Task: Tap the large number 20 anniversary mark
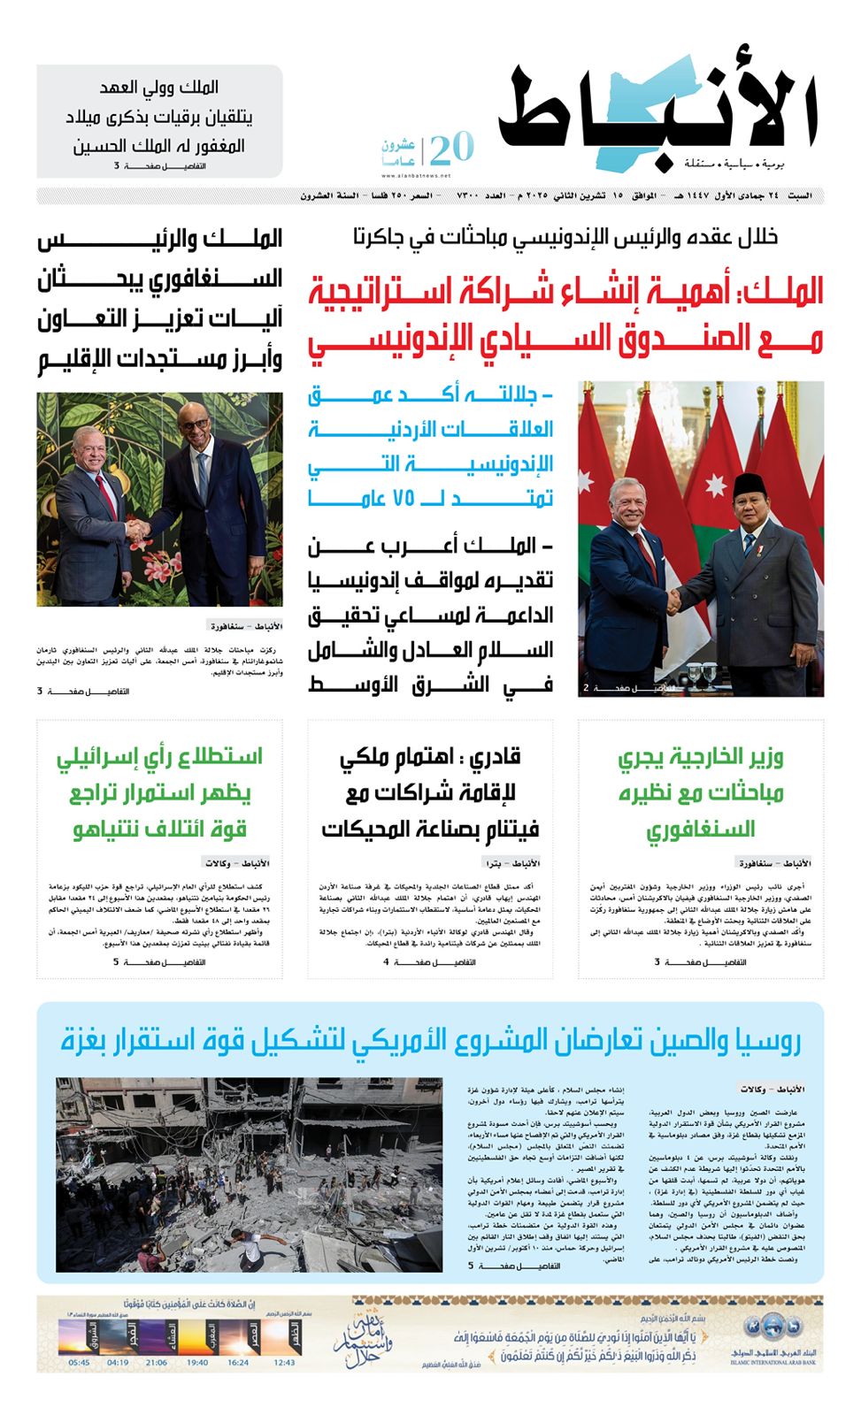pos(452,148)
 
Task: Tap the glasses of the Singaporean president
pos(194,424)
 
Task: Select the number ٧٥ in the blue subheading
pos(404,498)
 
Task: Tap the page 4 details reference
pos(429,962)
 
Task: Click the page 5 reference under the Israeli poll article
pos(159,962)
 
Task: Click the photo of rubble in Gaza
pos(249,1174)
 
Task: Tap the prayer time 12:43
pos(284,1363)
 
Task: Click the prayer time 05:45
pos(79,1363)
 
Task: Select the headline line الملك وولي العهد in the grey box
pos(159,88)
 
